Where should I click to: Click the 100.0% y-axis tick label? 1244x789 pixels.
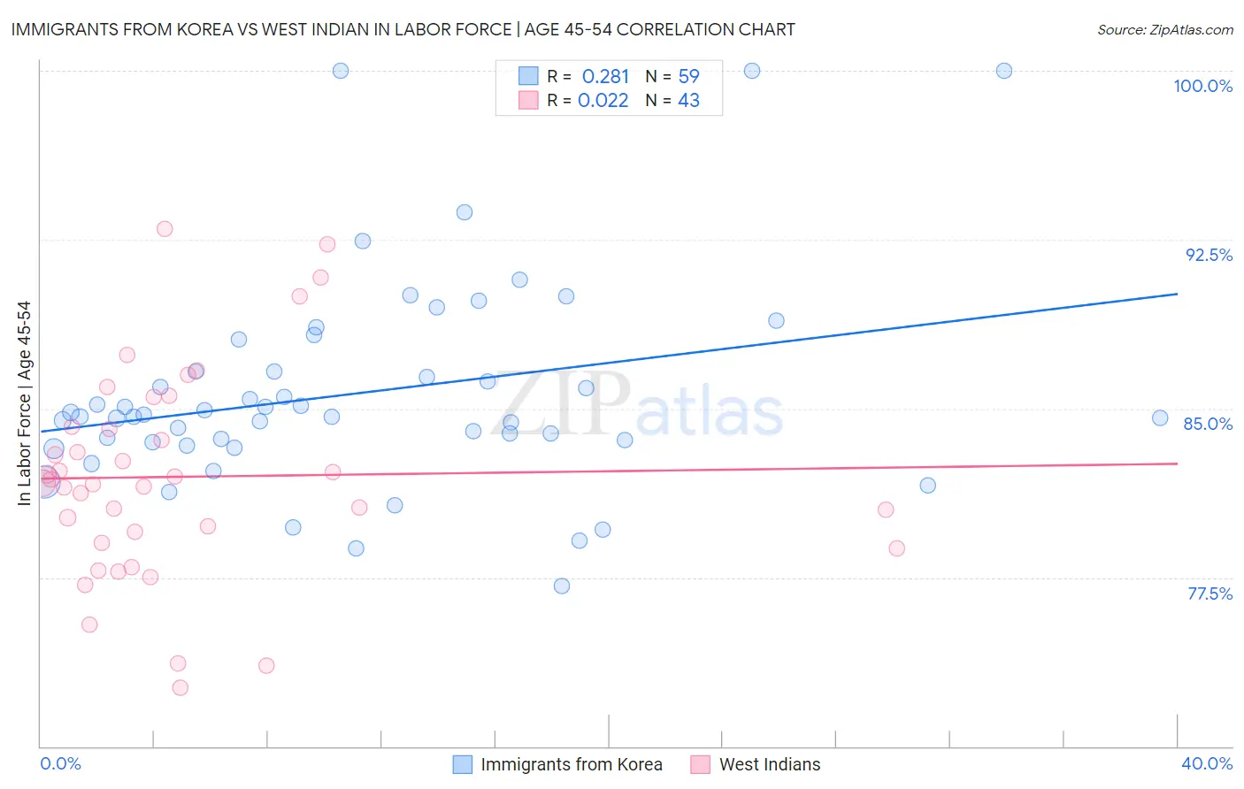1202,86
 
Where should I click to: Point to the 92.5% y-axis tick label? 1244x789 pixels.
1209,255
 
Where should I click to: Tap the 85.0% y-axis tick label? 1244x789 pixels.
1208,424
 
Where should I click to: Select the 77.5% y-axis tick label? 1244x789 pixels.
1209,594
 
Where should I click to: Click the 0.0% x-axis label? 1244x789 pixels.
60,763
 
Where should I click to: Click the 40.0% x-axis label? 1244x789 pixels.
1206,763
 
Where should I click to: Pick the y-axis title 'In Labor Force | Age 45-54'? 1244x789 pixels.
24,403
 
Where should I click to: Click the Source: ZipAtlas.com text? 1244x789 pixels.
1164,30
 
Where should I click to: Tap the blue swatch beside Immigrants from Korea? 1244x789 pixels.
463,764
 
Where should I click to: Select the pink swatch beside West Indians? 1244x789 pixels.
701,764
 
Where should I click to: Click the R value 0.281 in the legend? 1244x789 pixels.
605,77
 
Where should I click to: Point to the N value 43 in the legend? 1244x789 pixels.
688,101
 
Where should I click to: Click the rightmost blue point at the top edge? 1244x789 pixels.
1003,71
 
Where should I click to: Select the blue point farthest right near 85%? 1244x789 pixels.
1160,418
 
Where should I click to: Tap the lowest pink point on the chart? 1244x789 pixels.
180,687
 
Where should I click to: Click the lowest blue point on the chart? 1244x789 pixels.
561,586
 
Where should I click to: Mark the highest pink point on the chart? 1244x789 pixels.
165,229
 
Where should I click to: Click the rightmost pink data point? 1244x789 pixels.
896,548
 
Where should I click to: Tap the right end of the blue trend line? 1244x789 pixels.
1177,294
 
